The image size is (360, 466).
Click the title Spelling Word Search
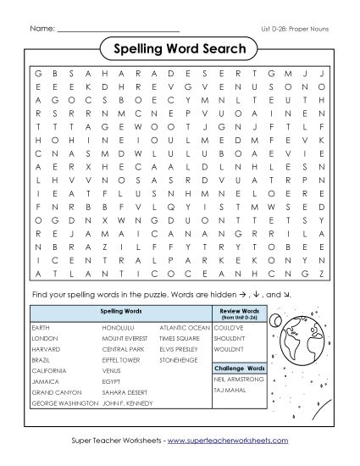coord(180,48)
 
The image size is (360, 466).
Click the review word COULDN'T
coord(230,325)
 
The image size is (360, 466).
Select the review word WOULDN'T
coord(231,348)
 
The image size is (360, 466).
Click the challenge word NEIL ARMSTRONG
coord(235,380)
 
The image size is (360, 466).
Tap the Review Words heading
coord(244,313)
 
